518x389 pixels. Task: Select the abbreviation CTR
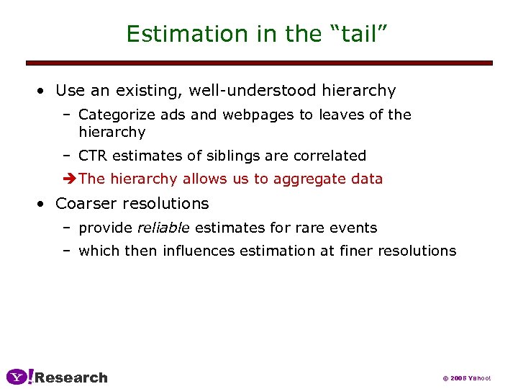pos(93,156)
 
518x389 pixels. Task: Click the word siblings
pos(209,156)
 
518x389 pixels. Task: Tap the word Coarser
pos(86,203)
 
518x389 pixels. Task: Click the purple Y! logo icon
pos(19,377)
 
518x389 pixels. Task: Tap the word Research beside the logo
pos(71,377)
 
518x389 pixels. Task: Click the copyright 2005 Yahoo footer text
pos(466,378)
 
